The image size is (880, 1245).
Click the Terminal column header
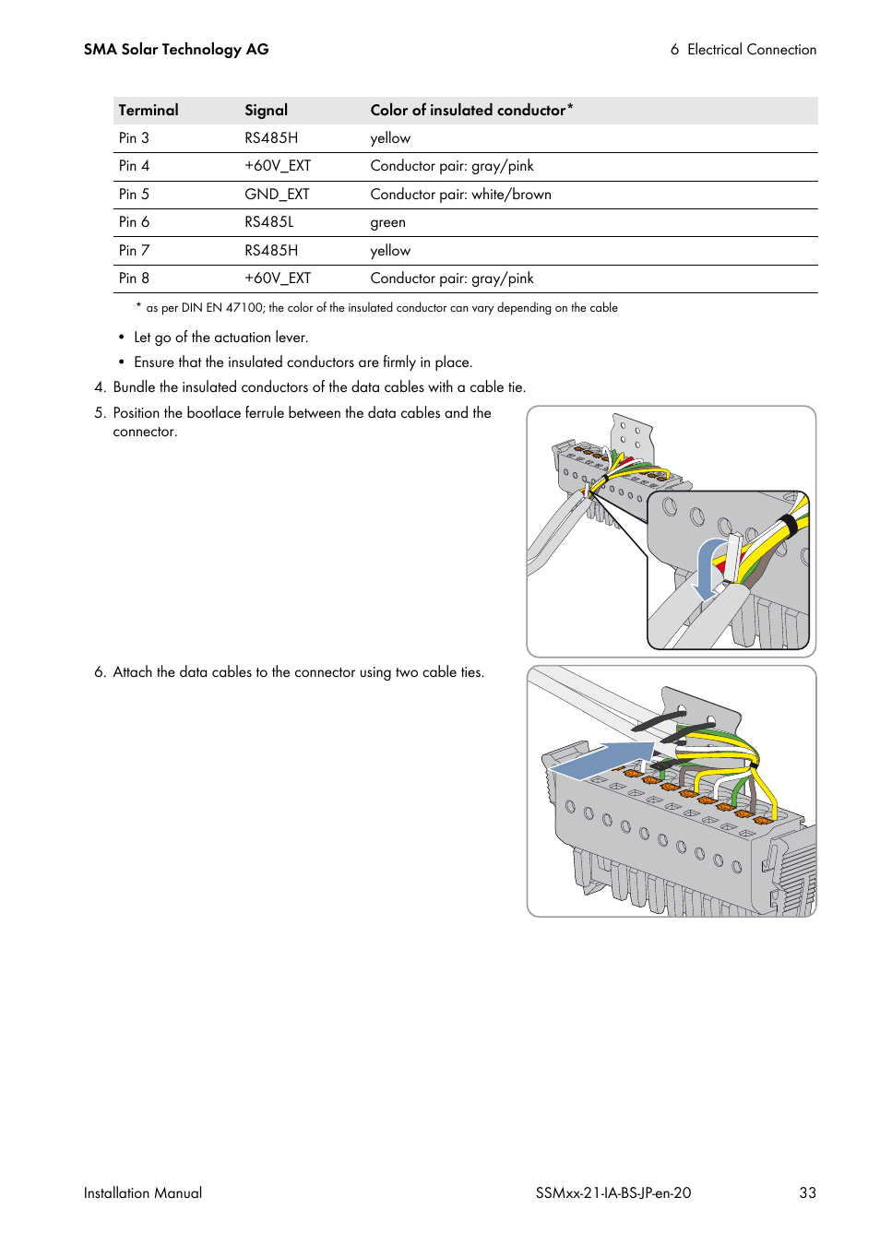149,111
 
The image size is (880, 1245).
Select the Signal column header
266,111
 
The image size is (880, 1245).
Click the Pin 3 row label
134,138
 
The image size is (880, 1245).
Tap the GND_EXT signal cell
277,195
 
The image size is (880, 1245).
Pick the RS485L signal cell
268,222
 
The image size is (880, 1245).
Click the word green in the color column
387,222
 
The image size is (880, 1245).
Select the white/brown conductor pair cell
460,195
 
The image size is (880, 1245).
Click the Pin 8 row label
134,279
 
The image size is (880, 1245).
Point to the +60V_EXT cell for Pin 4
277,166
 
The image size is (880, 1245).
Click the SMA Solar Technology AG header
176,50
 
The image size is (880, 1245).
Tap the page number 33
807,1192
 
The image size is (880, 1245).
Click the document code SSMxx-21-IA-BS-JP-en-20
612,1192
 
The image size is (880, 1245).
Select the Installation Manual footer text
143,1192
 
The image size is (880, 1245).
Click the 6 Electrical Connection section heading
743,50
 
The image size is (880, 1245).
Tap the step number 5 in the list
100,413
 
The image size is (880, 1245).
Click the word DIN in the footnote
191,308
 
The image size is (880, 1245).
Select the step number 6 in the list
100,672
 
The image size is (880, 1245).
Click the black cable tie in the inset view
790,525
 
